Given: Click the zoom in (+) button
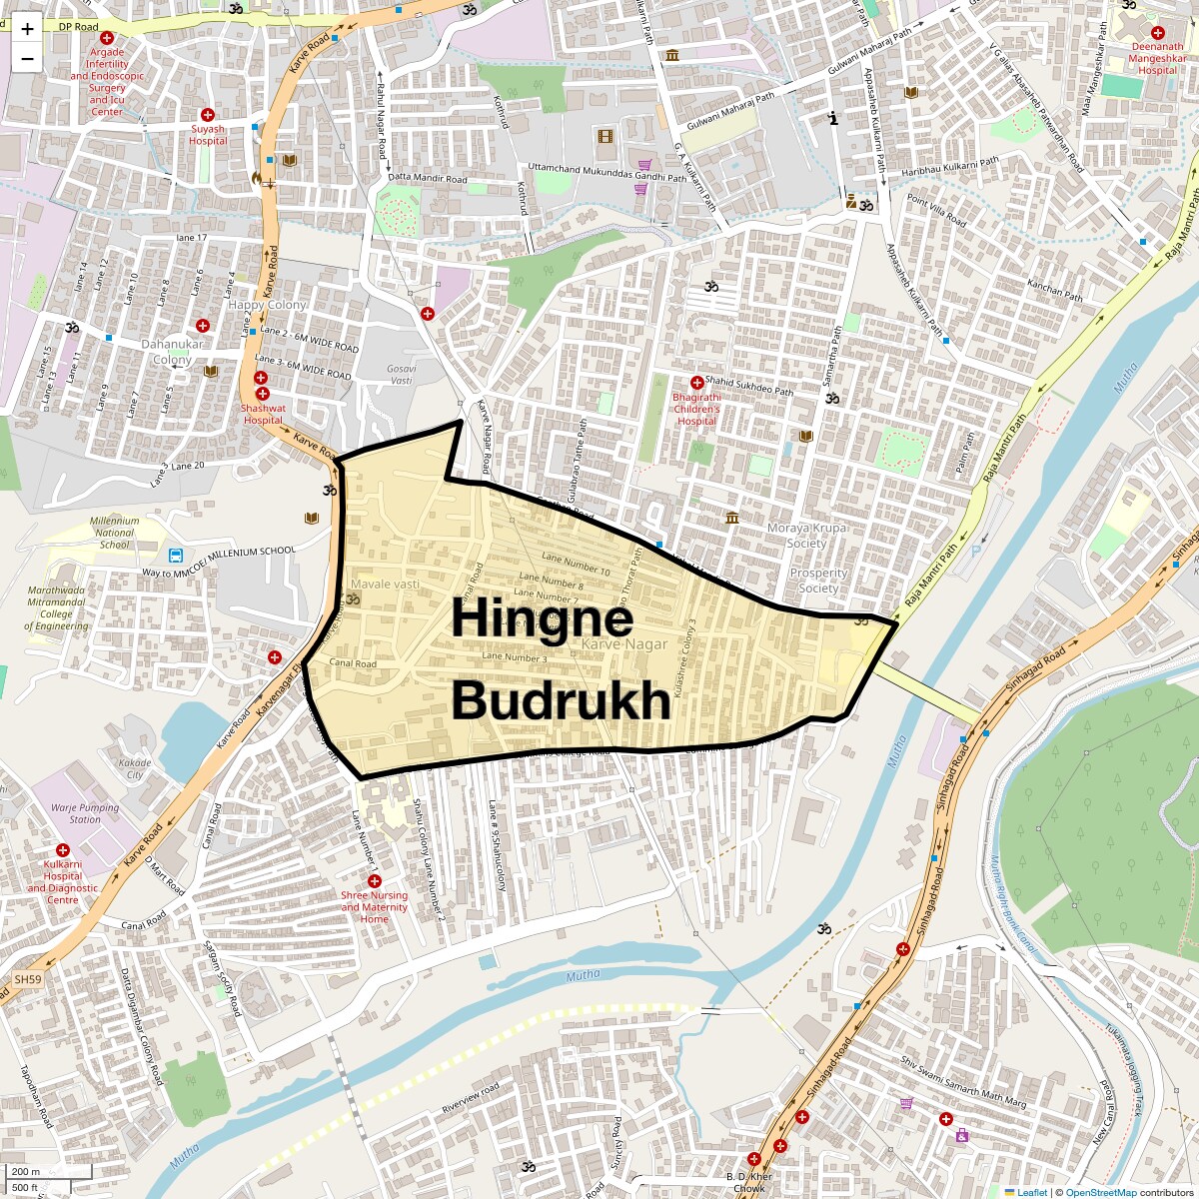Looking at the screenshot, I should pos(27,28).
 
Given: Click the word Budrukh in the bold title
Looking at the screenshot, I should pos(561,700).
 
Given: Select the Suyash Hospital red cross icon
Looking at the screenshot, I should pos(208,115).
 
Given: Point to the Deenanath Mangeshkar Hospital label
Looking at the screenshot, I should pos(1157,58).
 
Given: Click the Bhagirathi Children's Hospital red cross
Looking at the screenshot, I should pos(696,383).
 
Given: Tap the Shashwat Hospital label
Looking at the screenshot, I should pos(263,414).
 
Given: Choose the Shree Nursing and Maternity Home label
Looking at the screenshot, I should pos(375,907).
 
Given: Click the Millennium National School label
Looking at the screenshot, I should pos(114,533).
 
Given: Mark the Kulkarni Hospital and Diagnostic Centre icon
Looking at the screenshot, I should pos(63,850).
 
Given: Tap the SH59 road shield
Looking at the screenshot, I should pos(27,980).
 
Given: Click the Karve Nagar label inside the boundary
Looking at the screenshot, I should pos(623,645).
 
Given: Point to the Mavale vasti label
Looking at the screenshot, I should pos(385,584).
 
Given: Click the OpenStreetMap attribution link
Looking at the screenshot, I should pos(1100,1192).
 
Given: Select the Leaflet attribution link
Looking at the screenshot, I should pos(1032,1192).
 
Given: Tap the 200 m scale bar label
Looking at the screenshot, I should pos(27,1172).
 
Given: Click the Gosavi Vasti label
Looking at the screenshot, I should pos(401,374).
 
